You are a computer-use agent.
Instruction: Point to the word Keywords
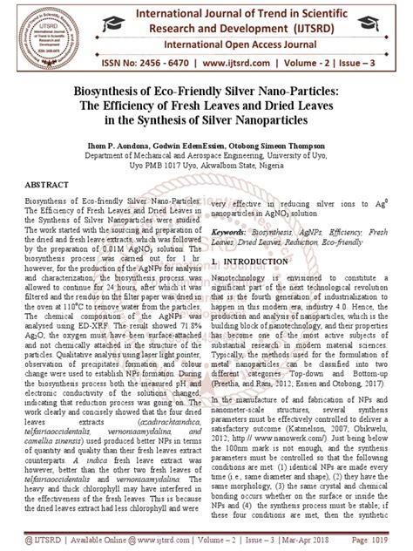click(234, 234)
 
